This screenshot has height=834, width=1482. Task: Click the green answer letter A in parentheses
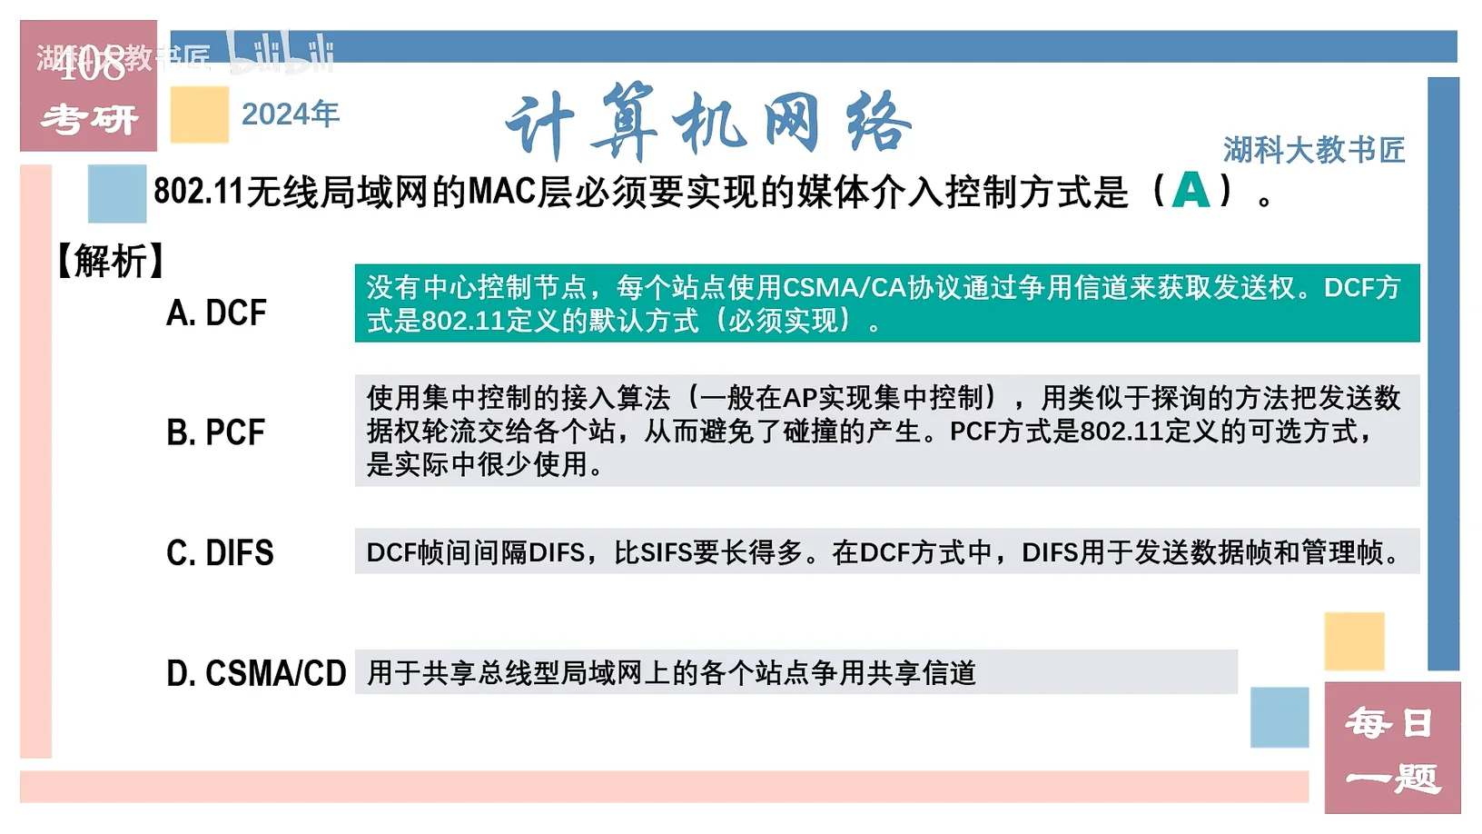tap(1191, 190)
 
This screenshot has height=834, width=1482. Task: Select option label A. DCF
tap(216, 313)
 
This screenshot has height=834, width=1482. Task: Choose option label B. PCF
tap(216, 432)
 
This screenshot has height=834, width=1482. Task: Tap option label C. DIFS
tap(220, 552)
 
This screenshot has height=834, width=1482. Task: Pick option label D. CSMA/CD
tap(256, 673)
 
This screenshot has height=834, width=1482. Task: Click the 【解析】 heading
tap(111, 261)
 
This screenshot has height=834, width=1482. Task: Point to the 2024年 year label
tap(291, 114)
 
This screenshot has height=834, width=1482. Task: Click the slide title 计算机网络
tap(708, 123)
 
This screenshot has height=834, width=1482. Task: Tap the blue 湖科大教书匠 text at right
tap(1314, 150)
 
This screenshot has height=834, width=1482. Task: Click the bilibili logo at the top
tap(282, 53)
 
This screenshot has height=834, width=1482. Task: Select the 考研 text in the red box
tap(89, 120)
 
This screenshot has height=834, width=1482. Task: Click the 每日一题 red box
tap(1392, 748)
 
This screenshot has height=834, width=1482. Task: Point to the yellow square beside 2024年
tap(200, 114)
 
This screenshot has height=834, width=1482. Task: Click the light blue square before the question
tap(117, 194)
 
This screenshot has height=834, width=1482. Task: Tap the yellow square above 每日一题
tap(1354, 641)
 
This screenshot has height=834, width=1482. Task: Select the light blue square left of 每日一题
tap(1279, 718)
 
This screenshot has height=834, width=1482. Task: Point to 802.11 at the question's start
tap(199, 192)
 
